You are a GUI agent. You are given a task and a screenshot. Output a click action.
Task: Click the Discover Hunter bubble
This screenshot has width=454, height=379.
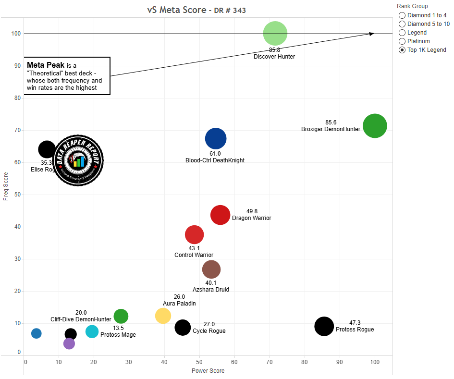275,33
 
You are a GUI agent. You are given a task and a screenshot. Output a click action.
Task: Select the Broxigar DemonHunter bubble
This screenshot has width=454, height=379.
375,126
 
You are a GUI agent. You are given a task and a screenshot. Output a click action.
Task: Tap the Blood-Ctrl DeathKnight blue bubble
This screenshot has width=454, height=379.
216,139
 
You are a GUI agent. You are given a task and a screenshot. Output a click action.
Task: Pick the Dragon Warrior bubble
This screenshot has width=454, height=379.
221,215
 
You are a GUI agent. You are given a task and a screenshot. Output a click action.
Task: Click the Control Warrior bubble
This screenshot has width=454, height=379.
195,235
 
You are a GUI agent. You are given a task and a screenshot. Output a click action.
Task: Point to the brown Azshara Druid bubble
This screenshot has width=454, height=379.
211,269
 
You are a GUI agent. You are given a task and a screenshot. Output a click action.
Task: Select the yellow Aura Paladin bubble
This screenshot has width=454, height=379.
163,316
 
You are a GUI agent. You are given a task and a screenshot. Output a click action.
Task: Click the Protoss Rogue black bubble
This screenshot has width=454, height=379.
324,326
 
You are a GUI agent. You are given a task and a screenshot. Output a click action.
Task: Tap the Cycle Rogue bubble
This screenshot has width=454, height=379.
183,327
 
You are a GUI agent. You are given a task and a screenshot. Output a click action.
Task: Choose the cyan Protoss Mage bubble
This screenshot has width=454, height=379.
92,331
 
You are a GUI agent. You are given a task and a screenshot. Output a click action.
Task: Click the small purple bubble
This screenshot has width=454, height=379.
69,343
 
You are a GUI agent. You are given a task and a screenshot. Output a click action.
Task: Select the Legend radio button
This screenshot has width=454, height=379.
402,33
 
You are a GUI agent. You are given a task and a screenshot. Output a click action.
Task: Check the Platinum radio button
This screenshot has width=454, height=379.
402,41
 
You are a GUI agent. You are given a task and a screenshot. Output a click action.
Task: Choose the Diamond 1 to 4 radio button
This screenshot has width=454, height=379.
402,15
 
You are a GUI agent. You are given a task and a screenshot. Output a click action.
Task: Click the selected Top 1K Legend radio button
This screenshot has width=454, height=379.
402,50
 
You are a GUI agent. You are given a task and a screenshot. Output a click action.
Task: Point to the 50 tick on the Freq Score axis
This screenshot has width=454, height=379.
18,195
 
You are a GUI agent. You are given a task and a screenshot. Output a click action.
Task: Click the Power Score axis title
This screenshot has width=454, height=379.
208,371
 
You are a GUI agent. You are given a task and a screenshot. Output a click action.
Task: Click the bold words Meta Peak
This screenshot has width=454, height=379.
46,65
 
